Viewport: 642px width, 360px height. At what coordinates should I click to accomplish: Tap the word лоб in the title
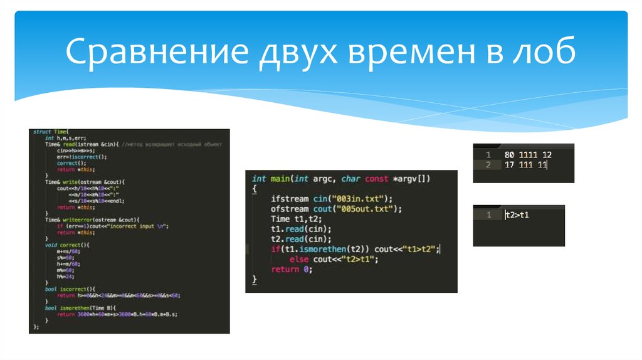pyautogui.click(x=545, y=53)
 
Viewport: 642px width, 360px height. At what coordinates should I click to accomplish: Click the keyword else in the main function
pyautogui.click(x=299, y=259)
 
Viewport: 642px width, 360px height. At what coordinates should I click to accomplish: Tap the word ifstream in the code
pyautogui.click(x=290, y=199)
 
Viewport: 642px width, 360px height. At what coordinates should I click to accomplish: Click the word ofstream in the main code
pyautogui.click(x=290, y=209)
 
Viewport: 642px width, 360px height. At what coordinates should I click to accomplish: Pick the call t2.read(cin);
pyautogui.click(x=301, y=239)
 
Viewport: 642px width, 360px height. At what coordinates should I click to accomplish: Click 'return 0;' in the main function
pyautogui.click(x=291, y=269)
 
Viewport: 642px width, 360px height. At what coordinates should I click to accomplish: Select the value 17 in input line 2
pyautogui.click(x=509, y=165)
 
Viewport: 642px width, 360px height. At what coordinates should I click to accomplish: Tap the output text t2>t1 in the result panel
pyautogui.click(x=517, y=215)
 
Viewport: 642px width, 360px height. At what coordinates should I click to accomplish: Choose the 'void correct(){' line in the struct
pyautogui.click(x=63, y=245)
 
